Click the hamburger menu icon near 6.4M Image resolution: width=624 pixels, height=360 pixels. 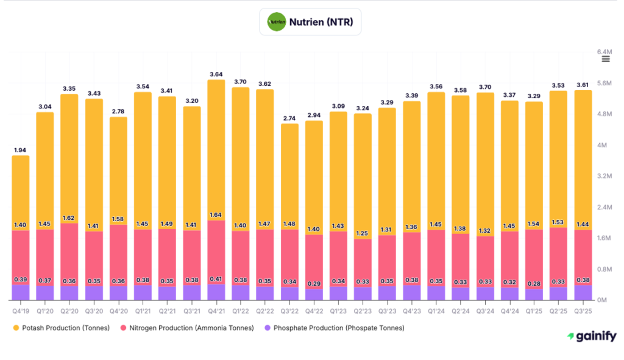tap(605, 58)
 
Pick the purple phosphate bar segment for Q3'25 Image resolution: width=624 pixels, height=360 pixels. tap(583, 292)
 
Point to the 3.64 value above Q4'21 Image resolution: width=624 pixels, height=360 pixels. tap(216, 74)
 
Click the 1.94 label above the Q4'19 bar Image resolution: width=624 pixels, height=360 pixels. tap(21, 150)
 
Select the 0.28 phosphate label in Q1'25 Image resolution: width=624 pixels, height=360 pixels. tap(534, 284)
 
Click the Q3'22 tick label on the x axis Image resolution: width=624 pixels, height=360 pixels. tap(289, 310)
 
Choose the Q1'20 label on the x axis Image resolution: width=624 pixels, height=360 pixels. tap(45, 310)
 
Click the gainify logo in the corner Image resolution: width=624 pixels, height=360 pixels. tap(591, 336)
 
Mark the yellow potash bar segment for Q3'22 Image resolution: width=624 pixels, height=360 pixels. tap(289, 174)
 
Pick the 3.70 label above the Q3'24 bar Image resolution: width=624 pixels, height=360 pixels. tap(485, 87)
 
